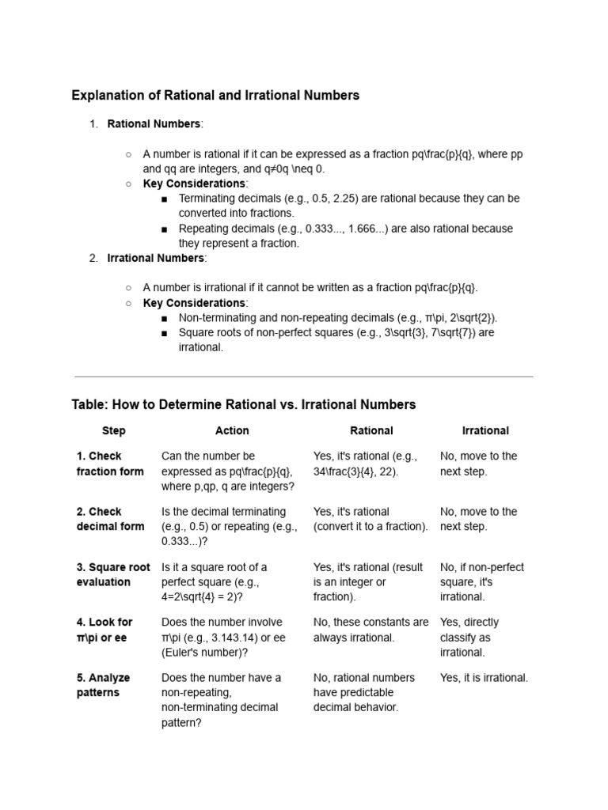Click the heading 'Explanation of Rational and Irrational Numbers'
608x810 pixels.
[215, 95]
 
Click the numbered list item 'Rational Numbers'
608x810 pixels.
[154, 124]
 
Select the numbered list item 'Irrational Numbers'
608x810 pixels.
[157, 258]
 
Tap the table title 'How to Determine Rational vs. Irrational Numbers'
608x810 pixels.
[243, 404]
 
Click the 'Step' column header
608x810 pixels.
[113, 431]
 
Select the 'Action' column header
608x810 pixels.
[232, 431]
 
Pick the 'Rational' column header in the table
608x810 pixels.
[371, 431]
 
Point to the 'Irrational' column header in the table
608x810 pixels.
[485, 431]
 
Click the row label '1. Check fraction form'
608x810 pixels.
[110, 464]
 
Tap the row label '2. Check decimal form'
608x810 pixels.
[110, 519]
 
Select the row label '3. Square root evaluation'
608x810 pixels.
[112, 574]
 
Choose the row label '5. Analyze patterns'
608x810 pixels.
[104, 685]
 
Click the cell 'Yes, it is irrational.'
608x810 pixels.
[484, 678]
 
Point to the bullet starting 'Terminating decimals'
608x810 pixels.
[348, 206]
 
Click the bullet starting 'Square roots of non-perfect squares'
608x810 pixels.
[336, 340]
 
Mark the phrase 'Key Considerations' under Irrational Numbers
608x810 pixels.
[194, 303]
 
